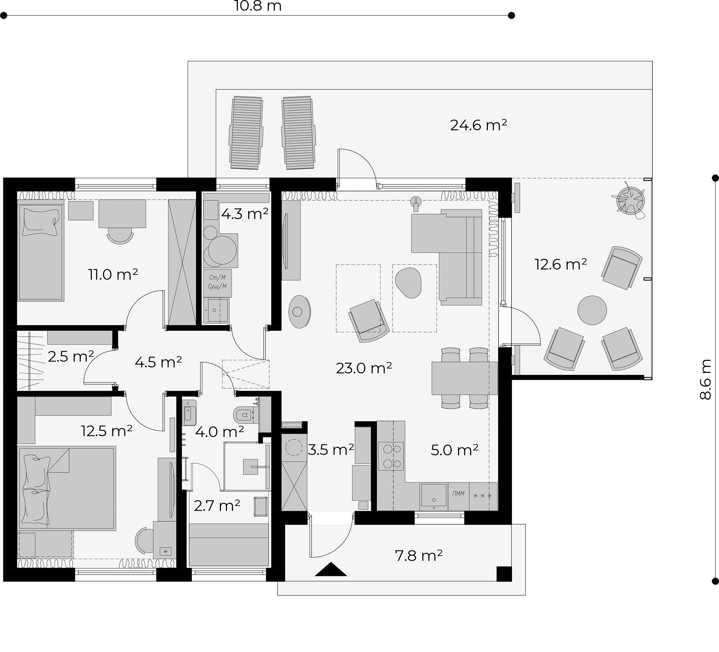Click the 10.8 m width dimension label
point(258,6)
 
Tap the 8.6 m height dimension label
point(706,379)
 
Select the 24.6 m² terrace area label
point(479,125)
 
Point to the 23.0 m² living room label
point(364,368)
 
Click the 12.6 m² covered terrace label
point(560,264)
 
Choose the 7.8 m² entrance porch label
point(419,555)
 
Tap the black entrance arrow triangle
point(331,569)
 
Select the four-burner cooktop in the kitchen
point(391,456)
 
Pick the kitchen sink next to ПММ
point(434,496)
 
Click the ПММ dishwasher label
point(458,494)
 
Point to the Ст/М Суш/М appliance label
point(217,282)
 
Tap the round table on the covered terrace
point(592,310)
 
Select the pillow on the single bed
point(41,222)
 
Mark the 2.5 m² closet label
point(71,356)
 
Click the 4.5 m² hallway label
point(158,362)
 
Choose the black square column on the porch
point(504,574)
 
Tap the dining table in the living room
point(464,378)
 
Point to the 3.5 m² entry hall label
point(331,449)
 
